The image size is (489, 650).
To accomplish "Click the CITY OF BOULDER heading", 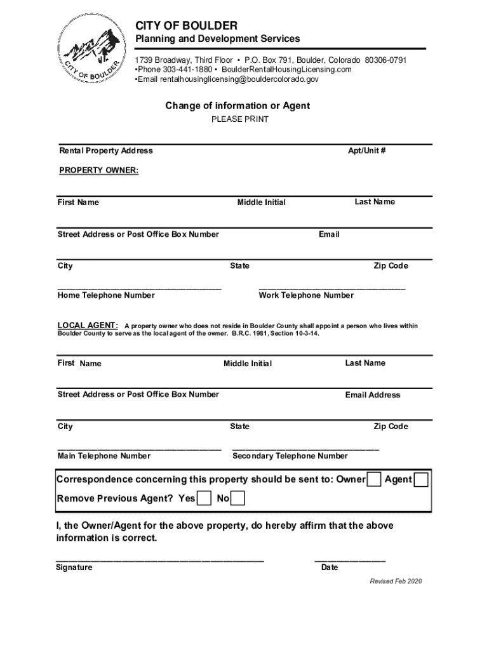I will point(186,25).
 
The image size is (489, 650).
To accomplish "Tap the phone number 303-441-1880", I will point(187,70).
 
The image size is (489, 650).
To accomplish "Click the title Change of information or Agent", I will point(238,106).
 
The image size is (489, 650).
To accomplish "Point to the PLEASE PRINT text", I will point(240,119).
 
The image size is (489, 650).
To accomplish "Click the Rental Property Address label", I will point(106,151).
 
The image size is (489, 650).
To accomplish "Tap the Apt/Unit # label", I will point(367,151).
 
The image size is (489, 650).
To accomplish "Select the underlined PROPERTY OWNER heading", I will point(98,171).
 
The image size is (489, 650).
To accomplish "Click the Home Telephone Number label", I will point(106,296).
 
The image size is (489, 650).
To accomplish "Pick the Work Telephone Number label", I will point(306,296).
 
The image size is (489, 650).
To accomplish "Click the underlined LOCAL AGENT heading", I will point(88,326).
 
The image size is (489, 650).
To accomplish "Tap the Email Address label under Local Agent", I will point(373,395).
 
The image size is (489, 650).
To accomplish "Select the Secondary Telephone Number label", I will point(290,456).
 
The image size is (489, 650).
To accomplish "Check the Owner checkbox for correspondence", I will point(375,479).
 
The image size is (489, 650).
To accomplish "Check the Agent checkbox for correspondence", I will point(421,479).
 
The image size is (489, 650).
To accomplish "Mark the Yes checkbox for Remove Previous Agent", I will point(204,498).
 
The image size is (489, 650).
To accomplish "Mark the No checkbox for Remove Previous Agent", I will point(238,498).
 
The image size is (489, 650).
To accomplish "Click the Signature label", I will point(74,567).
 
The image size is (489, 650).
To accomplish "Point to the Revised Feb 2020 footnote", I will point(396,581).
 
